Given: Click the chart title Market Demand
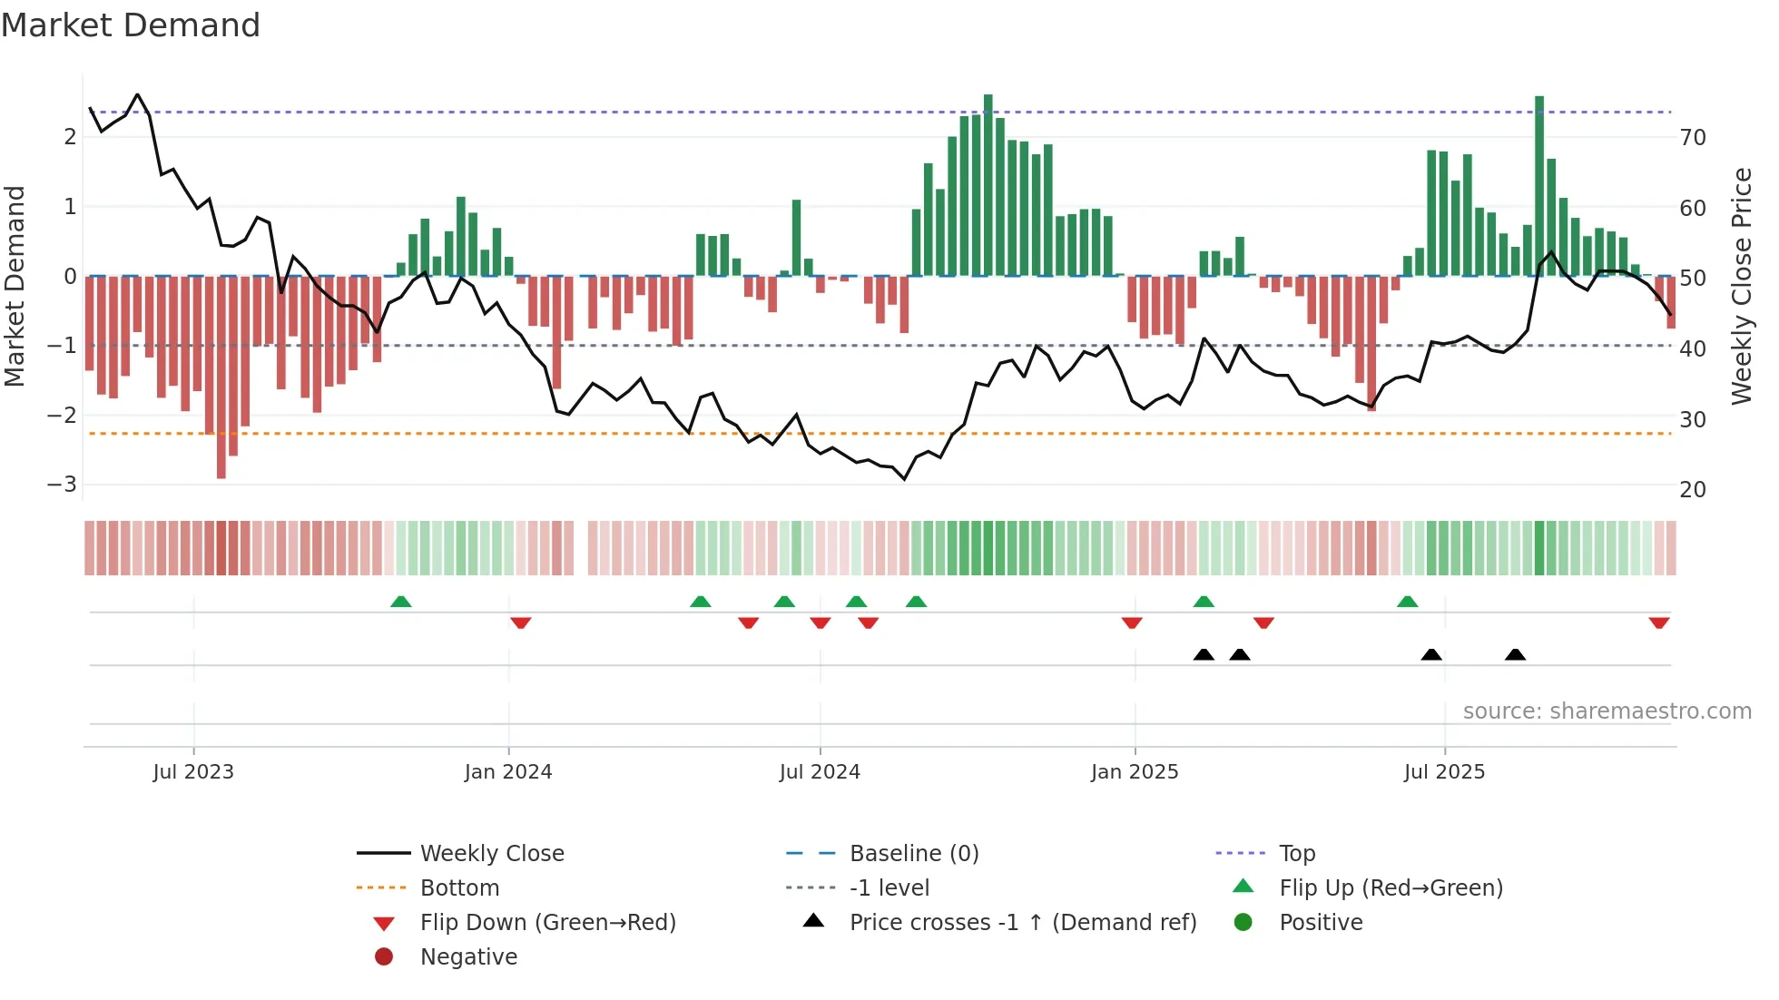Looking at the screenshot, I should pos(131,25).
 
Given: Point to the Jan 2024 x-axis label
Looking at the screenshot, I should pos(507,771).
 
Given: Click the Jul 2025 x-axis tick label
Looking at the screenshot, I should pos(1443,771).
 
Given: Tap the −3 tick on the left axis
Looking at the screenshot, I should pos(63,484).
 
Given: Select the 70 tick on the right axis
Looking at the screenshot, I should pos(1693,137).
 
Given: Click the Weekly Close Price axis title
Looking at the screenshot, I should pos(1741,286).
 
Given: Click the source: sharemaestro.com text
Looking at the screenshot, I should pos(1607,711).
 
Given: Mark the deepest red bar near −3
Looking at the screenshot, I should pos(221,377).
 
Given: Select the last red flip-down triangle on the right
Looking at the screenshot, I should pos(1659,623).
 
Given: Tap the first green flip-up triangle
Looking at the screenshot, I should pos(400,602).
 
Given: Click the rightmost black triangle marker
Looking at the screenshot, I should pos(1515,654).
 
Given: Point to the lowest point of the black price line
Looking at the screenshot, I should pos(904,478).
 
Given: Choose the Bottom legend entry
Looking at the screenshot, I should pos(458,887).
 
